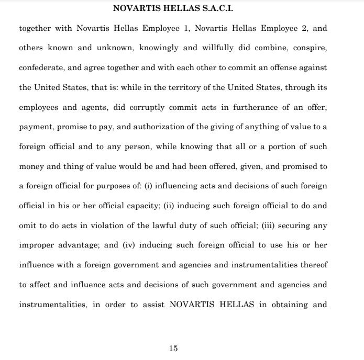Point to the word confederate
pyautogui.click(x=42, y=67)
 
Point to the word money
pyautogui.click(x=31, y=167)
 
